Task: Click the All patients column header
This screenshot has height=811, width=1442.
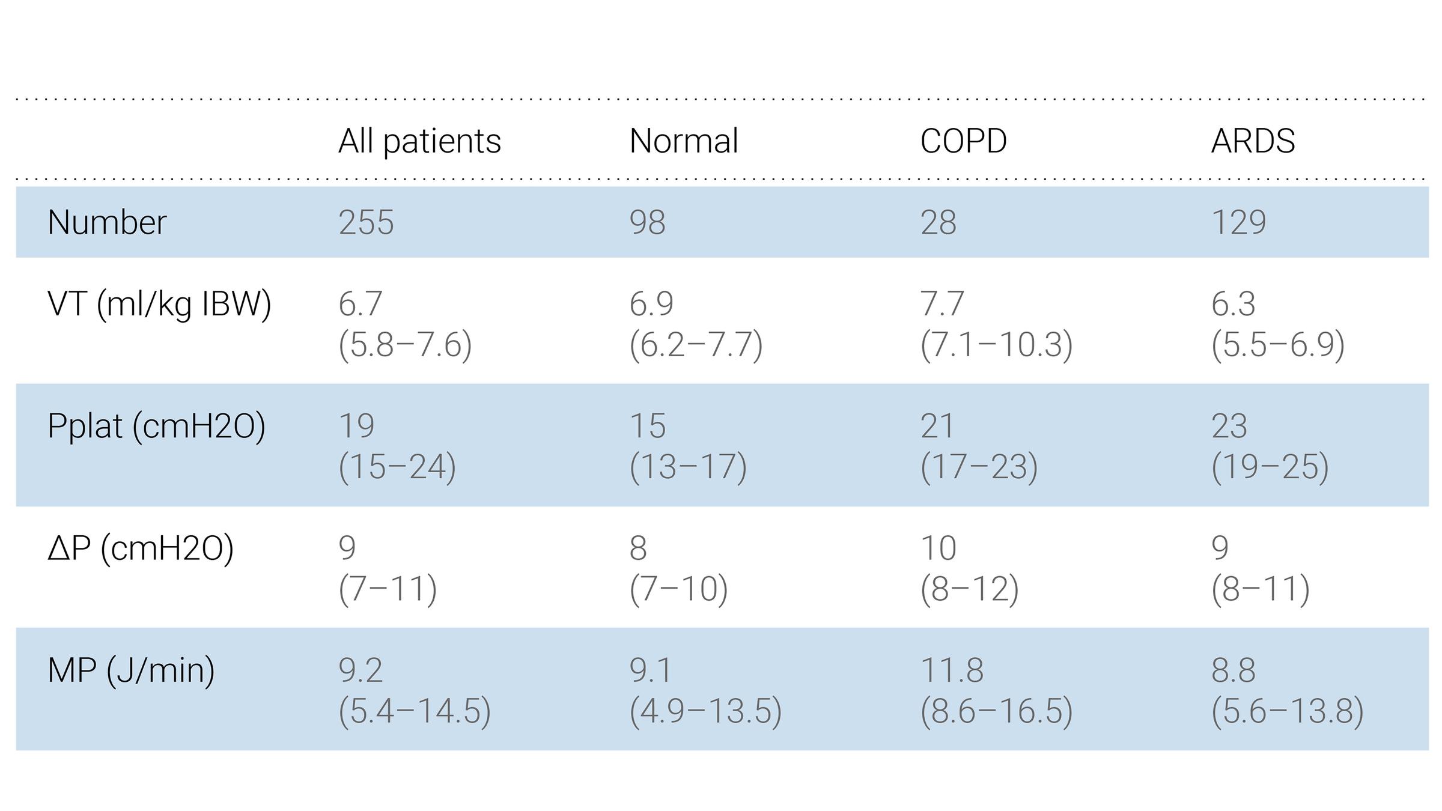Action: tap(419, 142)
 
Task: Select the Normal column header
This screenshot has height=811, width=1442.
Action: tap(683, 142)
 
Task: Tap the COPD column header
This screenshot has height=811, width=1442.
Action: tap(963, 142)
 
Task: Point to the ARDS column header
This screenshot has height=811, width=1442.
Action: tap(1253, 142)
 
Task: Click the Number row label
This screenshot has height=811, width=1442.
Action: tap(107, 222)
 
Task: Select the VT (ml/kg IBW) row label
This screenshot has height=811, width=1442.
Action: tap(159, 304)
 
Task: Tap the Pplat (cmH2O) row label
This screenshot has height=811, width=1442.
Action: tap(156, 427)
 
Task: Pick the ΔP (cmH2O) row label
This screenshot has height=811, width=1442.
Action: tap(140, 548)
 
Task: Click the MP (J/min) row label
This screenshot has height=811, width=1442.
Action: tap(131, 670)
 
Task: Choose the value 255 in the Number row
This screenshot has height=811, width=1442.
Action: tap(366, 223)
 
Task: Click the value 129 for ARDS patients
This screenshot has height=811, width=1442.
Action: tap(1238, 223)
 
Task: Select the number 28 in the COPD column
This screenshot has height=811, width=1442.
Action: tap(938, 223)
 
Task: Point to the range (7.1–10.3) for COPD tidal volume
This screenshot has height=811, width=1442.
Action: tap(996, 345)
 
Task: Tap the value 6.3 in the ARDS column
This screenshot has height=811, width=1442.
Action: tap(1233, 304)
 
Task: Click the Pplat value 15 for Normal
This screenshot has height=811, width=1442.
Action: tap(647, 427)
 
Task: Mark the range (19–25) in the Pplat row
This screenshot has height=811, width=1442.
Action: tap(1270, 467)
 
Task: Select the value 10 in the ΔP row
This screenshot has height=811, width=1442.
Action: tap(938, 548)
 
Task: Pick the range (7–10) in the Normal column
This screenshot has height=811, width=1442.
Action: tap(678, 589)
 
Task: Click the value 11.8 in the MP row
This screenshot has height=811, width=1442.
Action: tap(952, 670)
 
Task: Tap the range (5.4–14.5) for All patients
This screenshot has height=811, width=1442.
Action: tap(415, 711)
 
